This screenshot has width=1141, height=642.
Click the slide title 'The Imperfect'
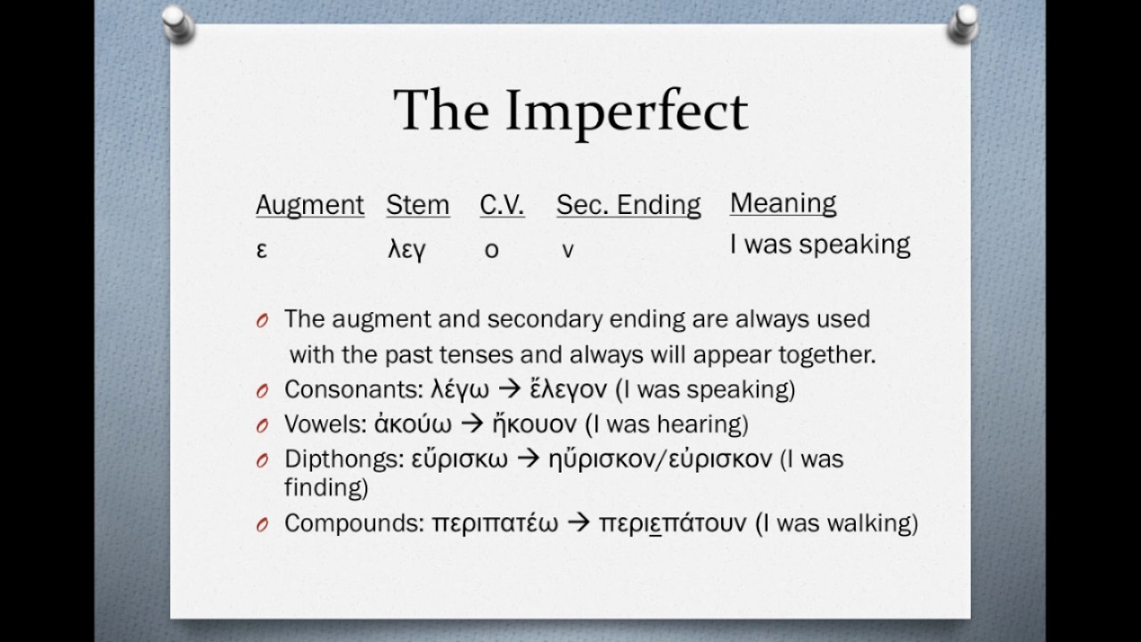coord(570,111)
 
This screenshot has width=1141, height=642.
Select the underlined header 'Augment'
coord(309,205)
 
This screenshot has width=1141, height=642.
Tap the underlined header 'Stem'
coord(417,205)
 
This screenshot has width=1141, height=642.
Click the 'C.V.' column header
coord(502,205)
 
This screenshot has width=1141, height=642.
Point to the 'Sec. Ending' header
coord(628,205)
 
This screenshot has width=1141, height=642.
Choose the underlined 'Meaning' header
coord(783,203)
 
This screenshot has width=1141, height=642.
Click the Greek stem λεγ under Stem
coord(406,251)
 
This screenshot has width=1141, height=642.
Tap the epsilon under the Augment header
coord(261,251)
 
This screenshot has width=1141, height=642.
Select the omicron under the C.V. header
coord(491,251)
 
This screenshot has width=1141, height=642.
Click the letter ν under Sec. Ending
coord(568,251)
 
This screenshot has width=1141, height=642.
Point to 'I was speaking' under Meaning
coord(819,244)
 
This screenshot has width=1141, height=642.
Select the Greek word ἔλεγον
coord(569,390)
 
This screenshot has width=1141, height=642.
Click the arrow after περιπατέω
coord(579,523)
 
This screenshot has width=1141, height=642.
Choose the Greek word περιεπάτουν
coord(672,523)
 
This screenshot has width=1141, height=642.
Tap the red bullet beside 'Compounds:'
coord(262,525)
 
